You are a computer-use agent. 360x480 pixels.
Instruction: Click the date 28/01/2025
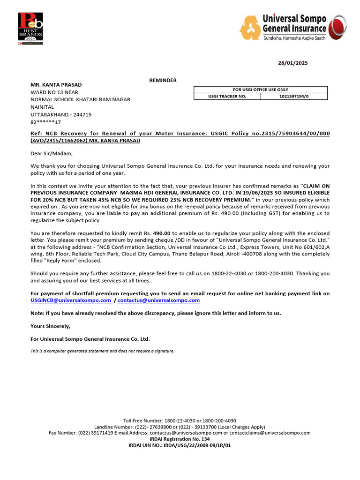pos(293,63)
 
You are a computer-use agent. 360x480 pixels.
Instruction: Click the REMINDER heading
pos(163,80)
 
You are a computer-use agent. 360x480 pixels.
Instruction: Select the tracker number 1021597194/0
pos(294,96)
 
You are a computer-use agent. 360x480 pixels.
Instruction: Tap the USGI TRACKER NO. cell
pos(227,96)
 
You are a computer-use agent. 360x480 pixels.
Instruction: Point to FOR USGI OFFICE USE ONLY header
pos(261,90)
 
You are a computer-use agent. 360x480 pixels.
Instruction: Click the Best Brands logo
pos(30,28)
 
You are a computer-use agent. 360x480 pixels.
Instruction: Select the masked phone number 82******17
pos(46,122)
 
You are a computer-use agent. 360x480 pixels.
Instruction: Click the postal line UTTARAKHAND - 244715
pos(61,114)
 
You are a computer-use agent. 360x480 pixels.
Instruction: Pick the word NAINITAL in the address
pos(42,107)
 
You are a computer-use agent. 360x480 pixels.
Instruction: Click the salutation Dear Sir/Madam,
pos(52,153)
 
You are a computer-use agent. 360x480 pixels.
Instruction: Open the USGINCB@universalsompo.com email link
pos(71,300)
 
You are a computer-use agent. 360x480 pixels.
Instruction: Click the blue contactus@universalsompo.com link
pos(158,300)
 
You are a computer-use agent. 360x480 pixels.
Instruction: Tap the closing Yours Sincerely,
pos(51,326)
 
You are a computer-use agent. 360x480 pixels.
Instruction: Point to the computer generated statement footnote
pos(102,351)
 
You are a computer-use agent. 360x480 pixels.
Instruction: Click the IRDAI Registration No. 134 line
pos(180,439)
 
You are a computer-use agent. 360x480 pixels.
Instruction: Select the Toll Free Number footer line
pos(180,420)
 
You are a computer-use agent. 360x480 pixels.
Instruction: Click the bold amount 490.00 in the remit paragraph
pos(162,233)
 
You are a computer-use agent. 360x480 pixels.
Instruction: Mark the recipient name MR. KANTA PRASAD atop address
pos(56,84)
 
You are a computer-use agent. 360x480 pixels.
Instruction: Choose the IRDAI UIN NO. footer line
pos(180,445)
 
